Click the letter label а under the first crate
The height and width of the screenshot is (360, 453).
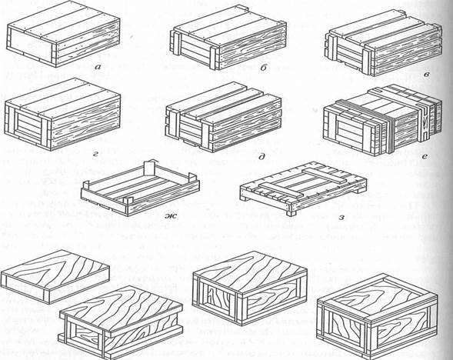pos(98,68)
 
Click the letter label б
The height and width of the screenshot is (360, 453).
pos(263,68)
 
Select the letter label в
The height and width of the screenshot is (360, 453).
pos(426,75)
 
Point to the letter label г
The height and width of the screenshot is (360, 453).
pos(96,155)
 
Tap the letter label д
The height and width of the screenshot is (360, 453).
pos(262,156)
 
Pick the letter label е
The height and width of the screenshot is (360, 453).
pos(425,156)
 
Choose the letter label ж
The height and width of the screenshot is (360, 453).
pos(171,215)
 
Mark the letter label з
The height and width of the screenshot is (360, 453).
pos(341,217)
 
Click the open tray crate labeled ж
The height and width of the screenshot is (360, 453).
pos(140,188)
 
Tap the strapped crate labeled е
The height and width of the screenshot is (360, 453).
pos(382,121)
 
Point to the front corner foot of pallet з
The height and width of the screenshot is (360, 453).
pos(291,210)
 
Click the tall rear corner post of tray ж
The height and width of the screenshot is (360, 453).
pos(149,168)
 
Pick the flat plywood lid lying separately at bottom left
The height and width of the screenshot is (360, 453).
pos(55,276)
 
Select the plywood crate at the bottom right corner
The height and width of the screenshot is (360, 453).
pos(376,315)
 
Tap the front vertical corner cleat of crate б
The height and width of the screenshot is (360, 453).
pos(214,58)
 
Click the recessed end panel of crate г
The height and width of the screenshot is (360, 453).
pos(29,125)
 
